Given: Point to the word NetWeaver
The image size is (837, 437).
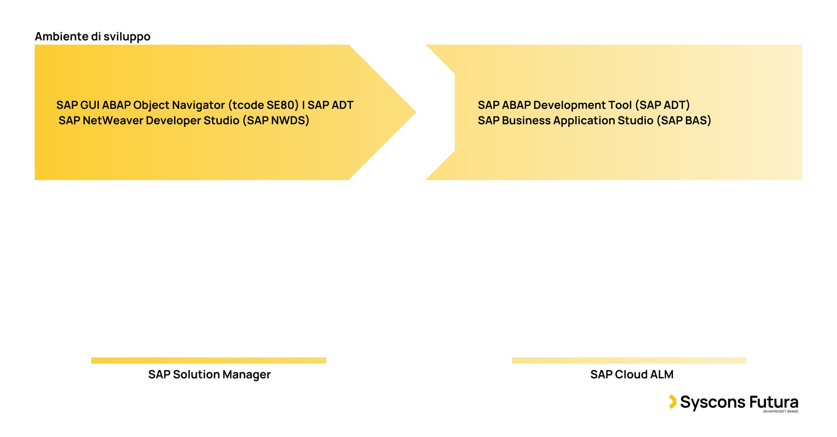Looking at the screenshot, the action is tap(113, 121).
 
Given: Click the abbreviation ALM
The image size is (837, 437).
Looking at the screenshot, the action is tap(662, 374).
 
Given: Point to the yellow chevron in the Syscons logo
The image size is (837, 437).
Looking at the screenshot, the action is tap(673, 401).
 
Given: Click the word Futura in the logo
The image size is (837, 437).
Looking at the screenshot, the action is tap(774, 402).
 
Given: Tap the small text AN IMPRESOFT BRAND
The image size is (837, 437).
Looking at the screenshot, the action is tap(781, 411).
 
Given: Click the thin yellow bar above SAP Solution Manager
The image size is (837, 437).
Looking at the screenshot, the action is tap(209, 360).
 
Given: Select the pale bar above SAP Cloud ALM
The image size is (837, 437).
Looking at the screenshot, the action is tap(629, 360).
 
